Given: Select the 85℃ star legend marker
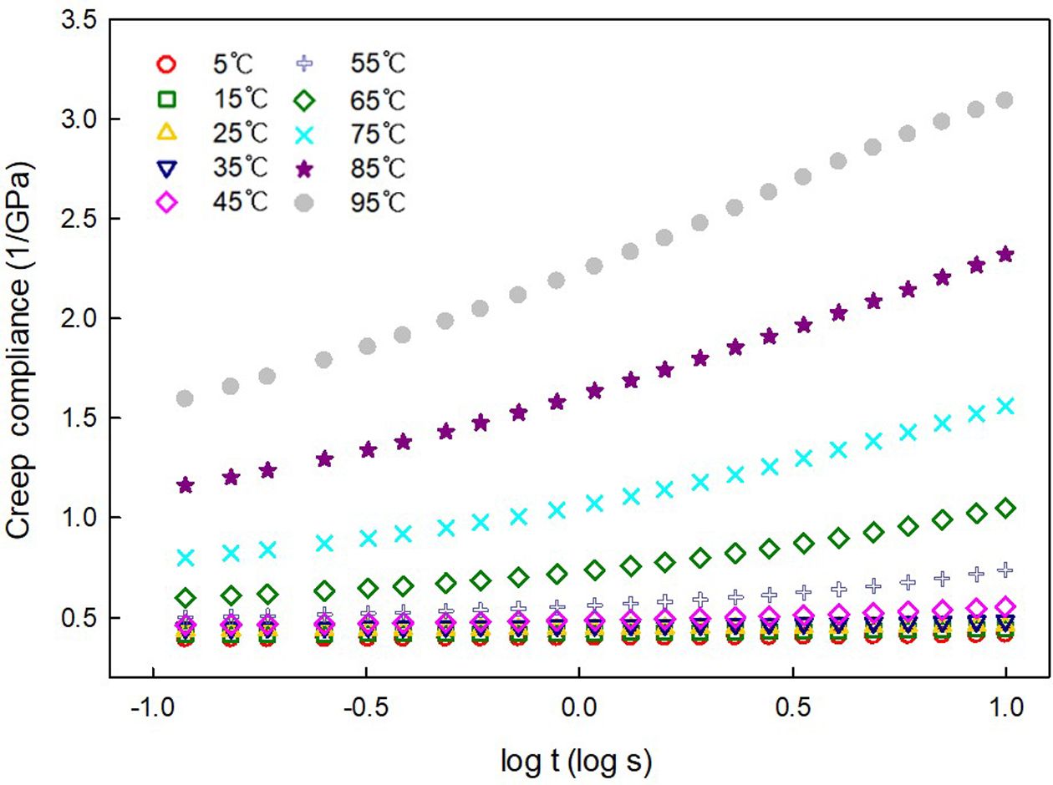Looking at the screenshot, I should tap(306, 170).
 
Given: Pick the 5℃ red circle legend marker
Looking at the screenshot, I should tap(166, 63).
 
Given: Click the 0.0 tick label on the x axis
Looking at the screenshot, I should tap(578, 708).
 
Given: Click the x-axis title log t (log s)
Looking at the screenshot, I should tap(576, 762).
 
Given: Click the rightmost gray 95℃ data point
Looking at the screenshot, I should tap(1005, 100).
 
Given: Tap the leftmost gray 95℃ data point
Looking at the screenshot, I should tap(186, 398).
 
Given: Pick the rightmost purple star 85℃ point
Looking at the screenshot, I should tap(1005, 254).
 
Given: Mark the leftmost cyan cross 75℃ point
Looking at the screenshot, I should tap(186, 557).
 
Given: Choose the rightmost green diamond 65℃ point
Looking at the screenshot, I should tap(1005, 508).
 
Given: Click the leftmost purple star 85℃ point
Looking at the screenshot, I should tap(186, 485).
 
